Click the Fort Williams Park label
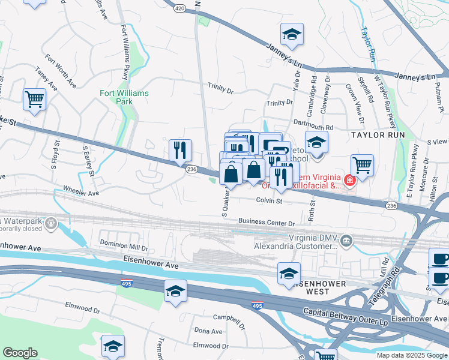[124, 98]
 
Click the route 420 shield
[181, 8]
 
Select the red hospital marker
[349, 179]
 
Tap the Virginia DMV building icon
[346, 241]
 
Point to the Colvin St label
[269, 201]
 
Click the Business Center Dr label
[267, 223]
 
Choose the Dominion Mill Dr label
[123, 244]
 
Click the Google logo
[20, 353]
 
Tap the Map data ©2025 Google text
[411, 355]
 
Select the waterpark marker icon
[50, 224]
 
